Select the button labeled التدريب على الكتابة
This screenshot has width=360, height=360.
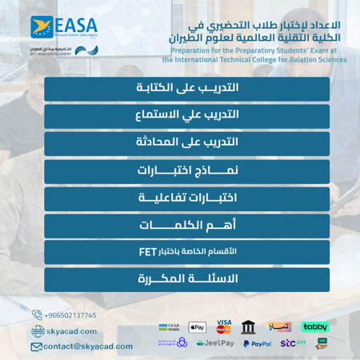pyautogui.click(x=186, y=87)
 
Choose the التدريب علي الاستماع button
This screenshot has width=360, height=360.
pyautogui.click(x=186, y=115)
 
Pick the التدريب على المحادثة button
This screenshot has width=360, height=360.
pyautogui.click(x=186, y=142)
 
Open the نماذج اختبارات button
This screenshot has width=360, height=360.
pyautogui.click(x=186, y=170)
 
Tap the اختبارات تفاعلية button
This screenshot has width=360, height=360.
pyautogui.click(x=186, y=197)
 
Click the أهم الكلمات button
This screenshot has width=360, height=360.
pyautogui.click(x=186, y=225)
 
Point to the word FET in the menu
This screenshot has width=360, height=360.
pyautogui.click(x=147, y=251)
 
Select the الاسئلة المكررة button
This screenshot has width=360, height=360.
pyautogui.click(x=186, y=279)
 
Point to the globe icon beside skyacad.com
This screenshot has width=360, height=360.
pyautogui.click(x=39, y=331)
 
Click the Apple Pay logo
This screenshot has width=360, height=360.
pyautogui.click(x=198, y=327)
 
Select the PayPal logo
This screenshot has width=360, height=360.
pyautogui.click(x=256, y=344)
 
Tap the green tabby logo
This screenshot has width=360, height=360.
pyautogui.click(x=314, y=326)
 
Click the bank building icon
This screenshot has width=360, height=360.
pyautogui.click(x=249, y=327)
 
